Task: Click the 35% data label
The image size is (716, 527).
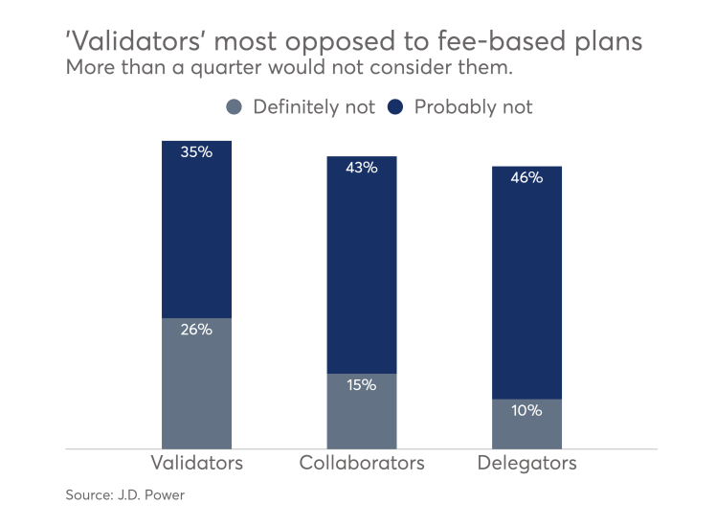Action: coord(196,151)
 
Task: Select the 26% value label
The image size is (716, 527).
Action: coord(196,329)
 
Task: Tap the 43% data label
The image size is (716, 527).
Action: coord(362,167)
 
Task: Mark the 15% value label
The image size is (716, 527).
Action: coord(362,385)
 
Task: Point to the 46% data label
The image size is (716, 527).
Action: coord(526,177)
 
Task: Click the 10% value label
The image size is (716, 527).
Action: coord(526,410)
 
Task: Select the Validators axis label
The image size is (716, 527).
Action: coord(197,464)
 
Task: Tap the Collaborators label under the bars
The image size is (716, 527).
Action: coord(362,464)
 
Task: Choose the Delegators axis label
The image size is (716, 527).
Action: coord(526,464)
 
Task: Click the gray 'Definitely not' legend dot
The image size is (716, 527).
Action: coord(235,106)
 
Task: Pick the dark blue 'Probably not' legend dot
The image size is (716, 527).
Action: coord(397,106)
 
